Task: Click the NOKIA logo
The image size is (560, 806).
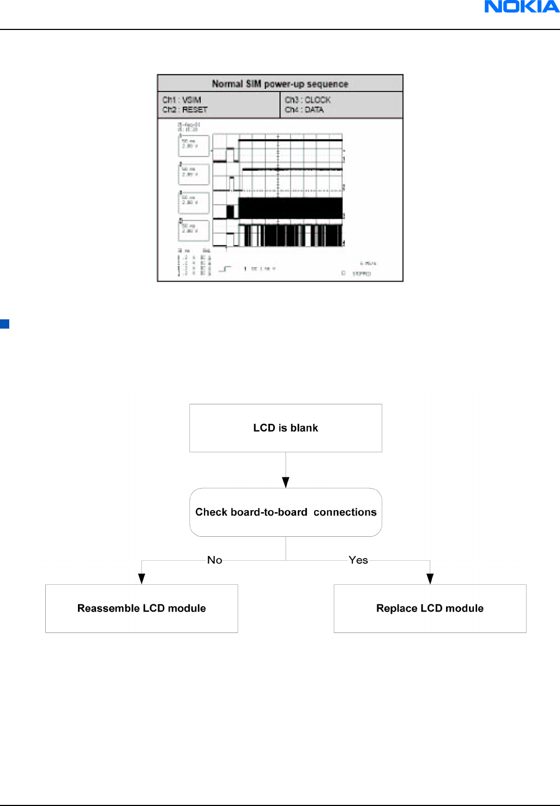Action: [x=522, y=7]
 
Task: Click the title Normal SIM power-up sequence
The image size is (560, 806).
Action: [x=280, y=84]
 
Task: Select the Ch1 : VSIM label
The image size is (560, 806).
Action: [x=182, y=100]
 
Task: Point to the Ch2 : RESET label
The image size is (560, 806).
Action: [x=185, y=110]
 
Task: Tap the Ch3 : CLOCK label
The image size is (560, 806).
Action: [x=308, y=100]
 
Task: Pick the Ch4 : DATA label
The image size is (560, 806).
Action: [x=304, y=110]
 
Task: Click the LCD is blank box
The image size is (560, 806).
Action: [x=285, y=428]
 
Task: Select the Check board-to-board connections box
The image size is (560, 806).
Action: [x=285, y=512]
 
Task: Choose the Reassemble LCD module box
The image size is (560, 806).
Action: [x=141, y=608]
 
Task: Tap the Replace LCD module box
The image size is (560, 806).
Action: [x=430, y=608]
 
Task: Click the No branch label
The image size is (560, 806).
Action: [x=214, y=560]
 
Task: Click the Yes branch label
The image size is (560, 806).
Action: [x=358, y=560]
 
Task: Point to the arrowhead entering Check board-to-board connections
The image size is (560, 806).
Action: [x=285, y=483]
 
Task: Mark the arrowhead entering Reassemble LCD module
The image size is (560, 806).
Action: [x=141, y=579]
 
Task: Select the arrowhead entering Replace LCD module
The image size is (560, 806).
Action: [x=430, y=579]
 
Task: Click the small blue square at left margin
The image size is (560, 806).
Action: [x=4, y=324]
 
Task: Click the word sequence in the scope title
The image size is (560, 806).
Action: [x=327, y=84]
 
